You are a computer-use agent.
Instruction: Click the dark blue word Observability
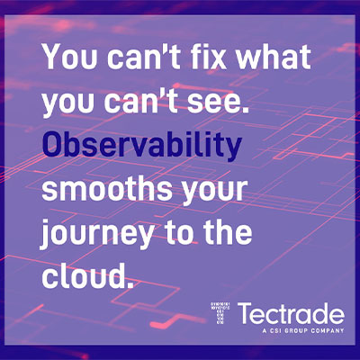[x=141, y=145]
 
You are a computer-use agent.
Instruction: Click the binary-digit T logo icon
[x=220, y=314]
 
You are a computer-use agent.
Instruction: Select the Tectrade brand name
[x=292, y=313]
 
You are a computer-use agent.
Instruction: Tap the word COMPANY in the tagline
[x=328, y=330]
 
